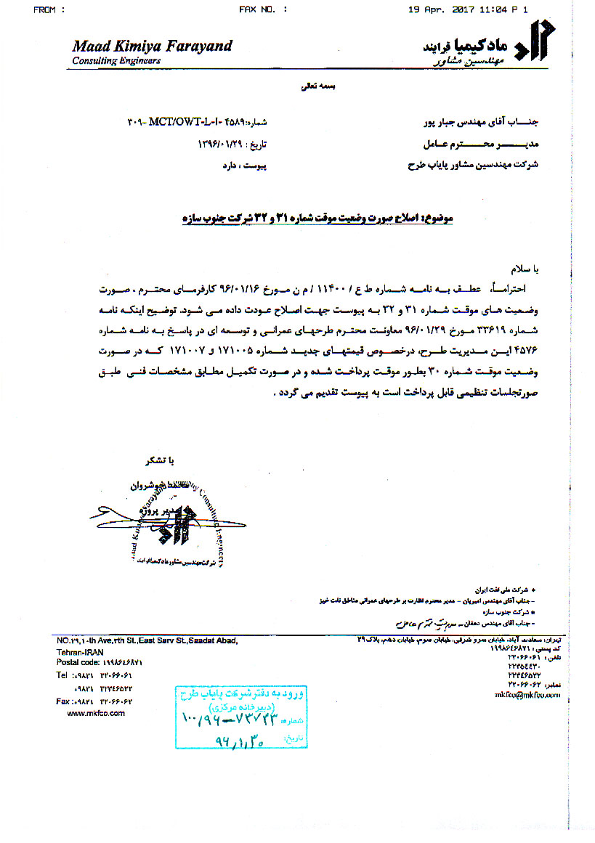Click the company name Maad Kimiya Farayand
[x=152, y=46]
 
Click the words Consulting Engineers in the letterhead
[x=116, y=61]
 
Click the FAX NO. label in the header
[x=262, y=9]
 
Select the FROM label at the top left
[x=49, y=9]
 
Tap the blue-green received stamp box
[x=227, y=715]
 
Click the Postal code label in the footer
[x=78, y=663]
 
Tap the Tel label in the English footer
[x=63, y=675]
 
